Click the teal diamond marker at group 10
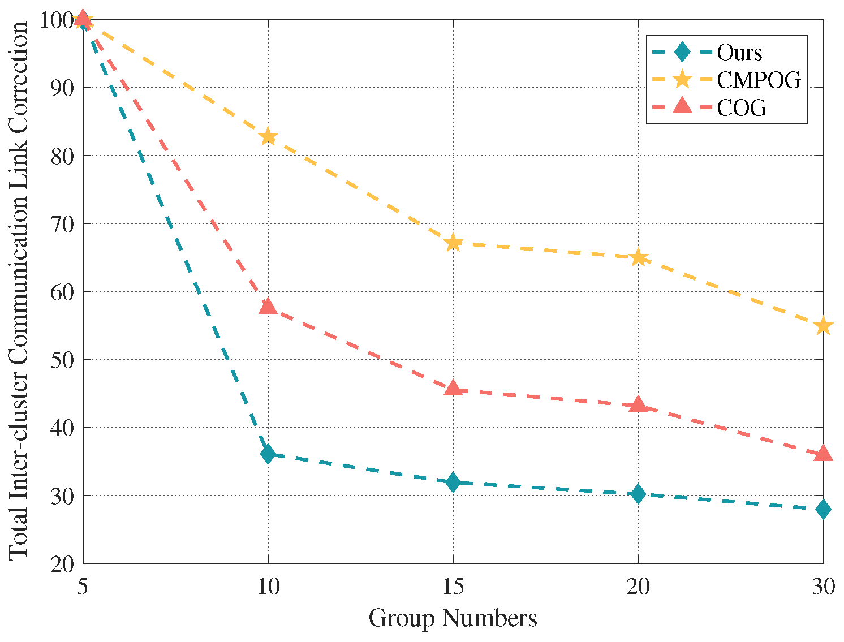tap(268, 454)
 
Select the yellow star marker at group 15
tap(453, 244)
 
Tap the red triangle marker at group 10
tap(268, 307)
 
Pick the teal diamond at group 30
tap(823, 509)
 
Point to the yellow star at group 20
tap(638, 258)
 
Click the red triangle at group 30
tap(823, 454)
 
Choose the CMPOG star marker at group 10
tap(268, 137)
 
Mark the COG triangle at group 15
tap(453, 388)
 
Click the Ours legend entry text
tap(739, 53)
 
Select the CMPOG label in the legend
tap(759, 80)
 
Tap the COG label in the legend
tap(742, 107)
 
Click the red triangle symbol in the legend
tap(683, 106)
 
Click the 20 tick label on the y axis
tap(62, 564)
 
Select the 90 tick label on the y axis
tap(62, 88)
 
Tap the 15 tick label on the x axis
tap(453, 588)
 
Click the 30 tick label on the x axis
tap(823, 588)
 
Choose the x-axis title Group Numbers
tap(453, 618)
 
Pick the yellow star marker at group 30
tap(823, 326)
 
